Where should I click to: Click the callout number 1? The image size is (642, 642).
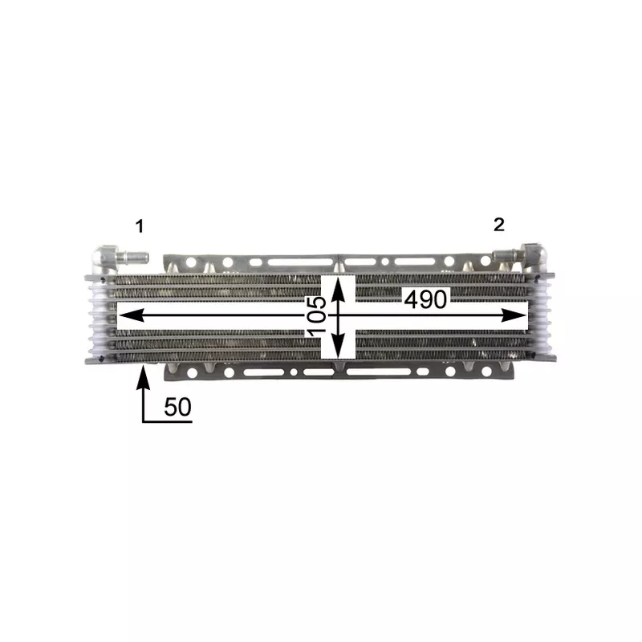tap(140, 226)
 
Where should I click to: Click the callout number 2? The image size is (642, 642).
tap(498, 225)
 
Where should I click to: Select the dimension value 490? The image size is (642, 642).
tap(426, 299)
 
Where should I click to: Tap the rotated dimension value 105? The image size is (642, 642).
tap(316, 315)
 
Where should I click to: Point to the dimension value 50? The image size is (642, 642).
tap(177, 407)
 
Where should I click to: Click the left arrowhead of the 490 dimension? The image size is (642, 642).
tap(131, 315)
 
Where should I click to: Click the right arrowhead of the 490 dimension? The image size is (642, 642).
tap(514, 315)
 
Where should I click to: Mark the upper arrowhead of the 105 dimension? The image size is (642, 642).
tap(338, 289)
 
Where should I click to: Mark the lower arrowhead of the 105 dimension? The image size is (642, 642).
tap(338, 345)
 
